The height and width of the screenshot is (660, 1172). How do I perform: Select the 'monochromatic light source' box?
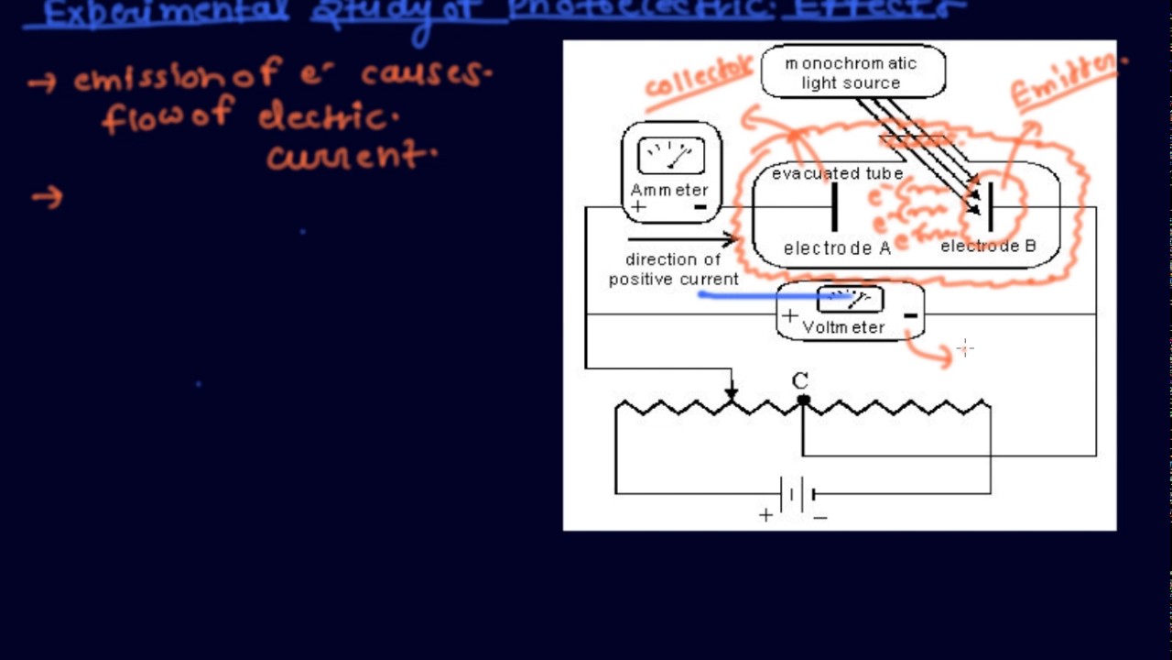[x=852, y=72]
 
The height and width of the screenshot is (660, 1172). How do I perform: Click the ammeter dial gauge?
[x=671, y=156]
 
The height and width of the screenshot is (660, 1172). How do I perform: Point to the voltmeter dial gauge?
[x=850, y=300]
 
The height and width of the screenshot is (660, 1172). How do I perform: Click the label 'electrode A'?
[x=837, y=248]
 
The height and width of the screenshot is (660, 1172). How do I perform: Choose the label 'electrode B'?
[x=988, y=246]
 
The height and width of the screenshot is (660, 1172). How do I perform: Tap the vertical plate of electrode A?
[x=834, y=207]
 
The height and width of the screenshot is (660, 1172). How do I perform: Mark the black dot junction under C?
[x=803, y=400]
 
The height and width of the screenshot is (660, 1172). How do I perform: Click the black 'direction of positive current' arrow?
[x=682, y=240]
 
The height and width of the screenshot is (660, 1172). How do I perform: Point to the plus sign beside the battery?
[x=765, y=515]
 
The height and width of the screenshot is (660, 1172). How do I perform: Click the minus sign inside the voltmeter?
[x=910, y=315]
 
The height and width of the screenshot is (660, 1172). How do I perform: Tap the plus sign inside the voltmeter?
[x=789, y=316]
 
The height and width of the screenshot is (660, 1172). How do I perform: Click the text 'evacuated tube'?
[x=837, y=173]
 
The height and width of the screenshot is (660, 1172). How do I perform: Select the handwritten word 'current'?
[x=348, y=158]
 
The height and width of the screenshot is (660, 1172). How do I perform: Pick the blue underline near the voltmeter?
[x=769, y=295]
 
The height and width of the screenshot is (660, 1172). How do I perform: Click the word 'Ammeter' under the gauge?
[x=669, y=190]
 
